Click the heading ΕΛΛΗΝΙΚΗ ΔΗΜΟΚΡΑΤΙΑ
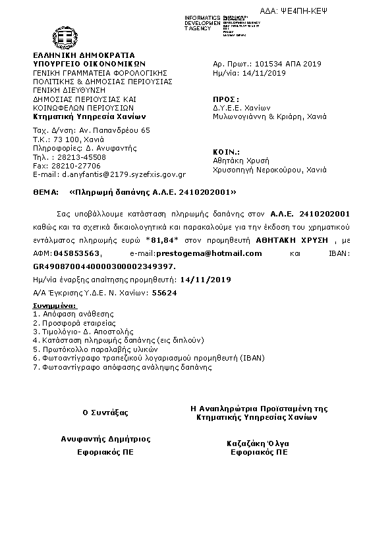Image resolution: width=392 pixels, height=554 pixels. coord(83,55)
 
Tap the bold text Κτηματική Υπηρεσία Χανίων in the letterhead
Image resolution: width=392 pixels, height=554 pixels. coord(83,115)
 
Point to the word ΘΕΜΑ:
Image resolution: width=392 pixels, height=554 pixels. coord(45,193)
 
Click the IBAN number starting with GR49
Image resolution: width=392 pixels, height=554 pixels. coord(104,265)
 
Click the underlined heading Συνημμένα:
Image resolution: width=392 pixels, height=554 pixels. coord(55,306)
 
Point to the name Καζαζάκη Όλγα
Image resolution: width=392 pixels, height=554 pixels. coord(258,443)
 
